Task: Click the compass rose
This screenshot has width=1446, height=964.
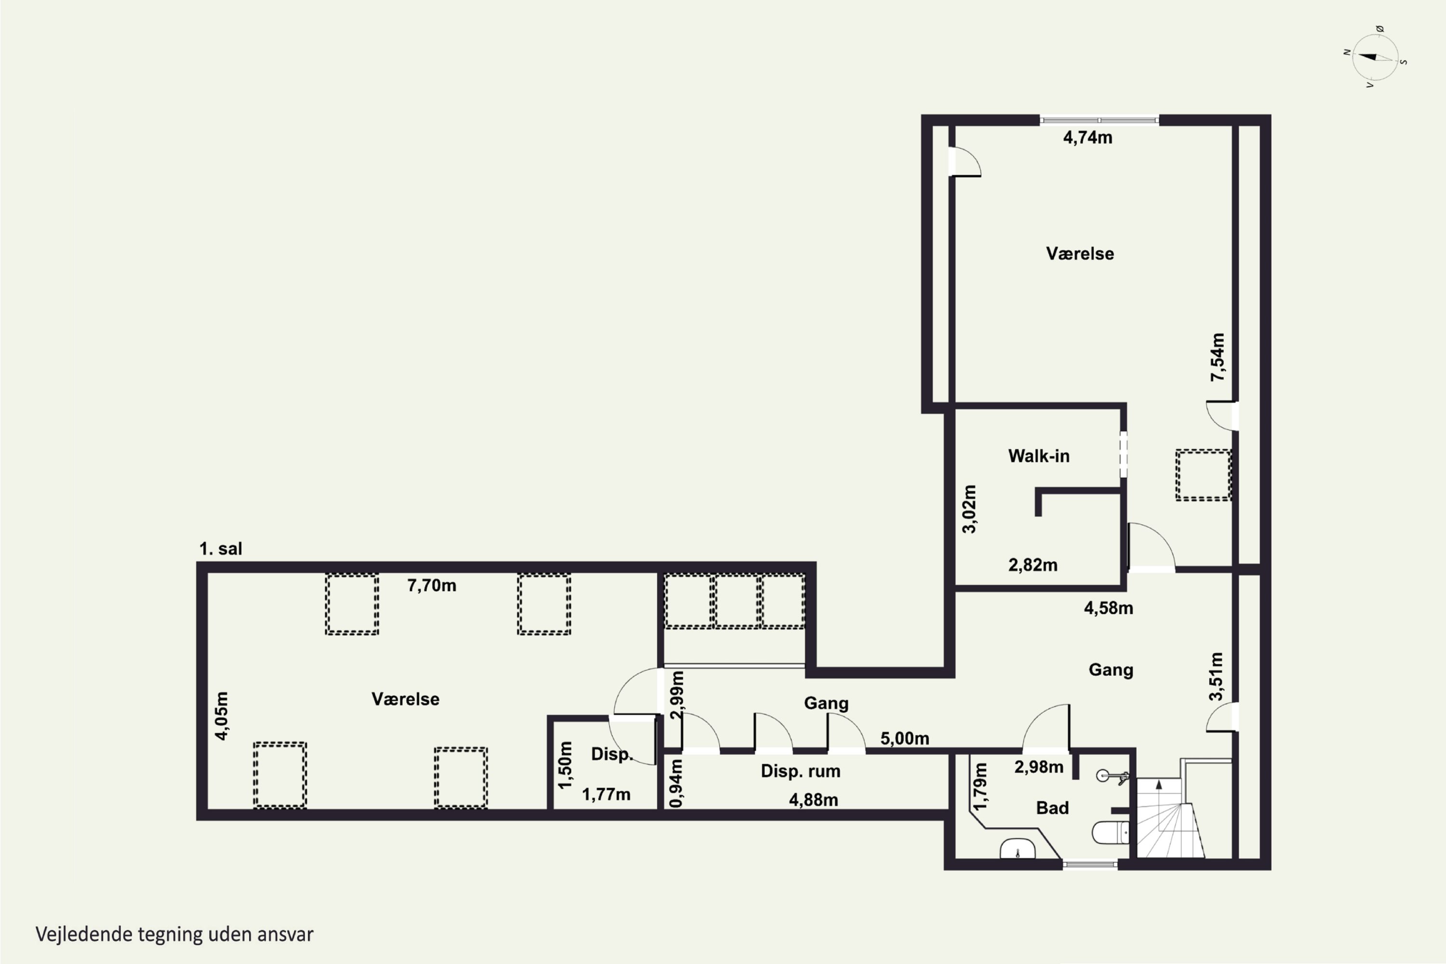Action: (1375, 57)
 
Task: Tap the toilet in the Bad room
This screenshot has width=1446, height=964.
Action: (1111, 833)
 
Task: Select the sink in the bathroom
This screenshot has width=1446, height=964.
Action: (1018, 849)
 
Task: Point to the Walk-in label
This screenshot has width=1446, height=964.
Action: (1038, 456)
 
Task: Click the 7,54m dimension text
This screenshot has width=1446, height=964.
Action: (1218, 357)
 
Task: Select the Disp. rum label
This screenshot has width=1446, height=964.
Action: (800, 771)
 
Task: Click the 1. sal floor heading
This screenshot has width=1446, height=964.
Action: (221, 549)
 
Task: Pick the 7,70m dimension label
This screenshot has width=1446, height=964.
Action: (431, 585)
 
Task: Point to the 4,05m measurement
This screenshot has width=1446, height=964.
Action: (221, 716)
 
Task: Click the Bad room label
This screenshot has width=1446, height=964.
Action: (1052, 808)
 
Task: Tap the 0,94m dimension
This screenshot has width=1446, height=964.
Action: (676, 783)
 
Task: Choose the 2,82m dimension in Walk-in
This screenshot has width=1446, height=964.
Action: (1033, 565)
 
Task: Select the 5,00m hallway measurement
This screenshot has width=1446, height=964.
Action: (904, 738)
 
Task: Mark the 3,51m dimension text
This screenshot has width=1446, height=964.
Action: (1216, 676)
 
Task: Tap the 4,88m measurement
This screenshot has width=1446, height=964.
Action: (814, 800)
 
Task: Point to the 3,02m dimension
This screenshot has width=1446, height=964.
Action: (969, 509)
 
